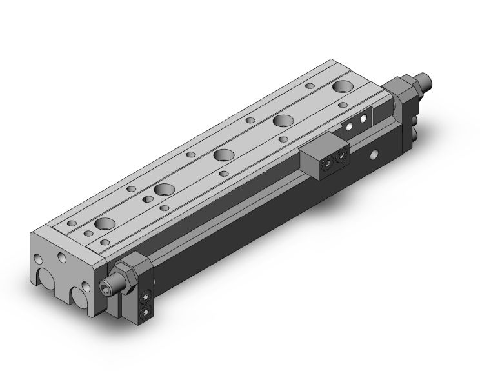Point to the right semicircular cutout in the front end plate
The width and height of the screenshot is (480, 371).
82,296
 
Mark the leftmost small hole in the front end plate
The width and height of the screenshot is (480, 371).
38,260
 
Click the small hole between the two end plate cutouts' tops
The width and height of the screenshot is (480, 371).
62,258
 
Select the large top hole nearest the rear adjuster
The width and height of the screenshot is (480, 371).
343,87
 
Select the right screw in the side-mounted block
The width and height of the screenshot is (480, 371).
339,159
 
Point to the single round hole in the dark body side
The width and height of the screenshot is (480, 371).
374,155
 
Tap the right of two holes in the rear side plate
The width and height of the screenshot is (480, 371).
365,120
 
